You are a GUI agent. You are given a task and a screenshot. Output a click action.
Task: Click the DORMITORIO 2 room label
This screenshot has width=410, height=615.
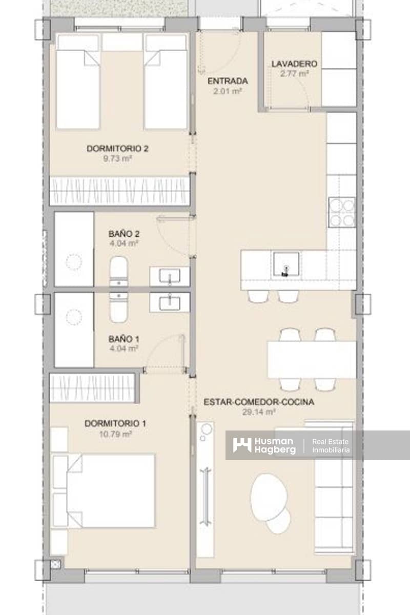coord(117,149)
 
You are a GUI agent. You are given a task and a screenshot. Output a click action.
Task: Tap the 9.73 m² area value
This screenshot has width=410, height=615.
coord(117,159)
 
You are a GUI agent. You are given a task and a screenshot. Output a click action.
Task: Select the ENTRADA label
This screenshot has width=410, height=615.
coord(228,81)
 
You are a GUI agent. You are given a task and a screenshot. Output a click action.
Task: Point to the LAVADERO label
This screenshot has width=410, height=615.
coord(294,64)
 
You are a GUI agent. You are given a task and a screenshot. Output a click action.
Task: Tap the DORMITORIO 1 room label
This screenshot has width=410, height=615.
coord(115,423)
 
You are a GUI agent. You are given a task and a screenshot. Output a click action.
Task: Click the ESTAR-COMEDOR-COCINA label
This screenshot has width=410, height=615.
coord(259,402)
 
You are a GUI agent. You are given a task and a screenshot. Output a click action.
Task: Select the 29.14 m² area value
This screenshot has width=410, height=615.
coord(259,412)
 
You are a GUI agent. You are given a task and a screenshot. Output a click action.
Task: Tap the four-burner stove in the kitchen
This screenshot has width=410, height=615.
coord(341,212)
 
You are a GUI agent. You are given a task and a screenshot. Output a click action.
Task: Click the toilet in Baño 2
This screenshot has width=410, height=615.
coord(118,270)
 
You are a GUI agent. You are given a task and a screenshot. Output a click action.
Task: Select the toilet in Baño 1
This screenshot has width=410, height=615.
coord(118,309)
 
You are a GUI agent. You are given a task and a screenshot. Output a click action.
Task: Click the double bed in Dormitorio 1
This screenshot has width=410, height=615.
coord(110,490)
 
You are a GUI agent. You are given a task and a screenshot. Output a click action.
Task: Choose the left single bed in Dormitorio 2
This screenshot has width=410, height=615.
coord(77,82)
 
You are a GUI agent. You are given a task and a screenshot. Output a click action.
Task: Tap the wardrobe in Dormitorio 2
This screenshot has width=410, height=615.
coord(119,191)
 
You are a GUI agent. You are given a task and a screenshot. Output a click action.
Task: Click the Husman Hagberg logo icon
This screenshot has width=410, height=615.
coord(242,444)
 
